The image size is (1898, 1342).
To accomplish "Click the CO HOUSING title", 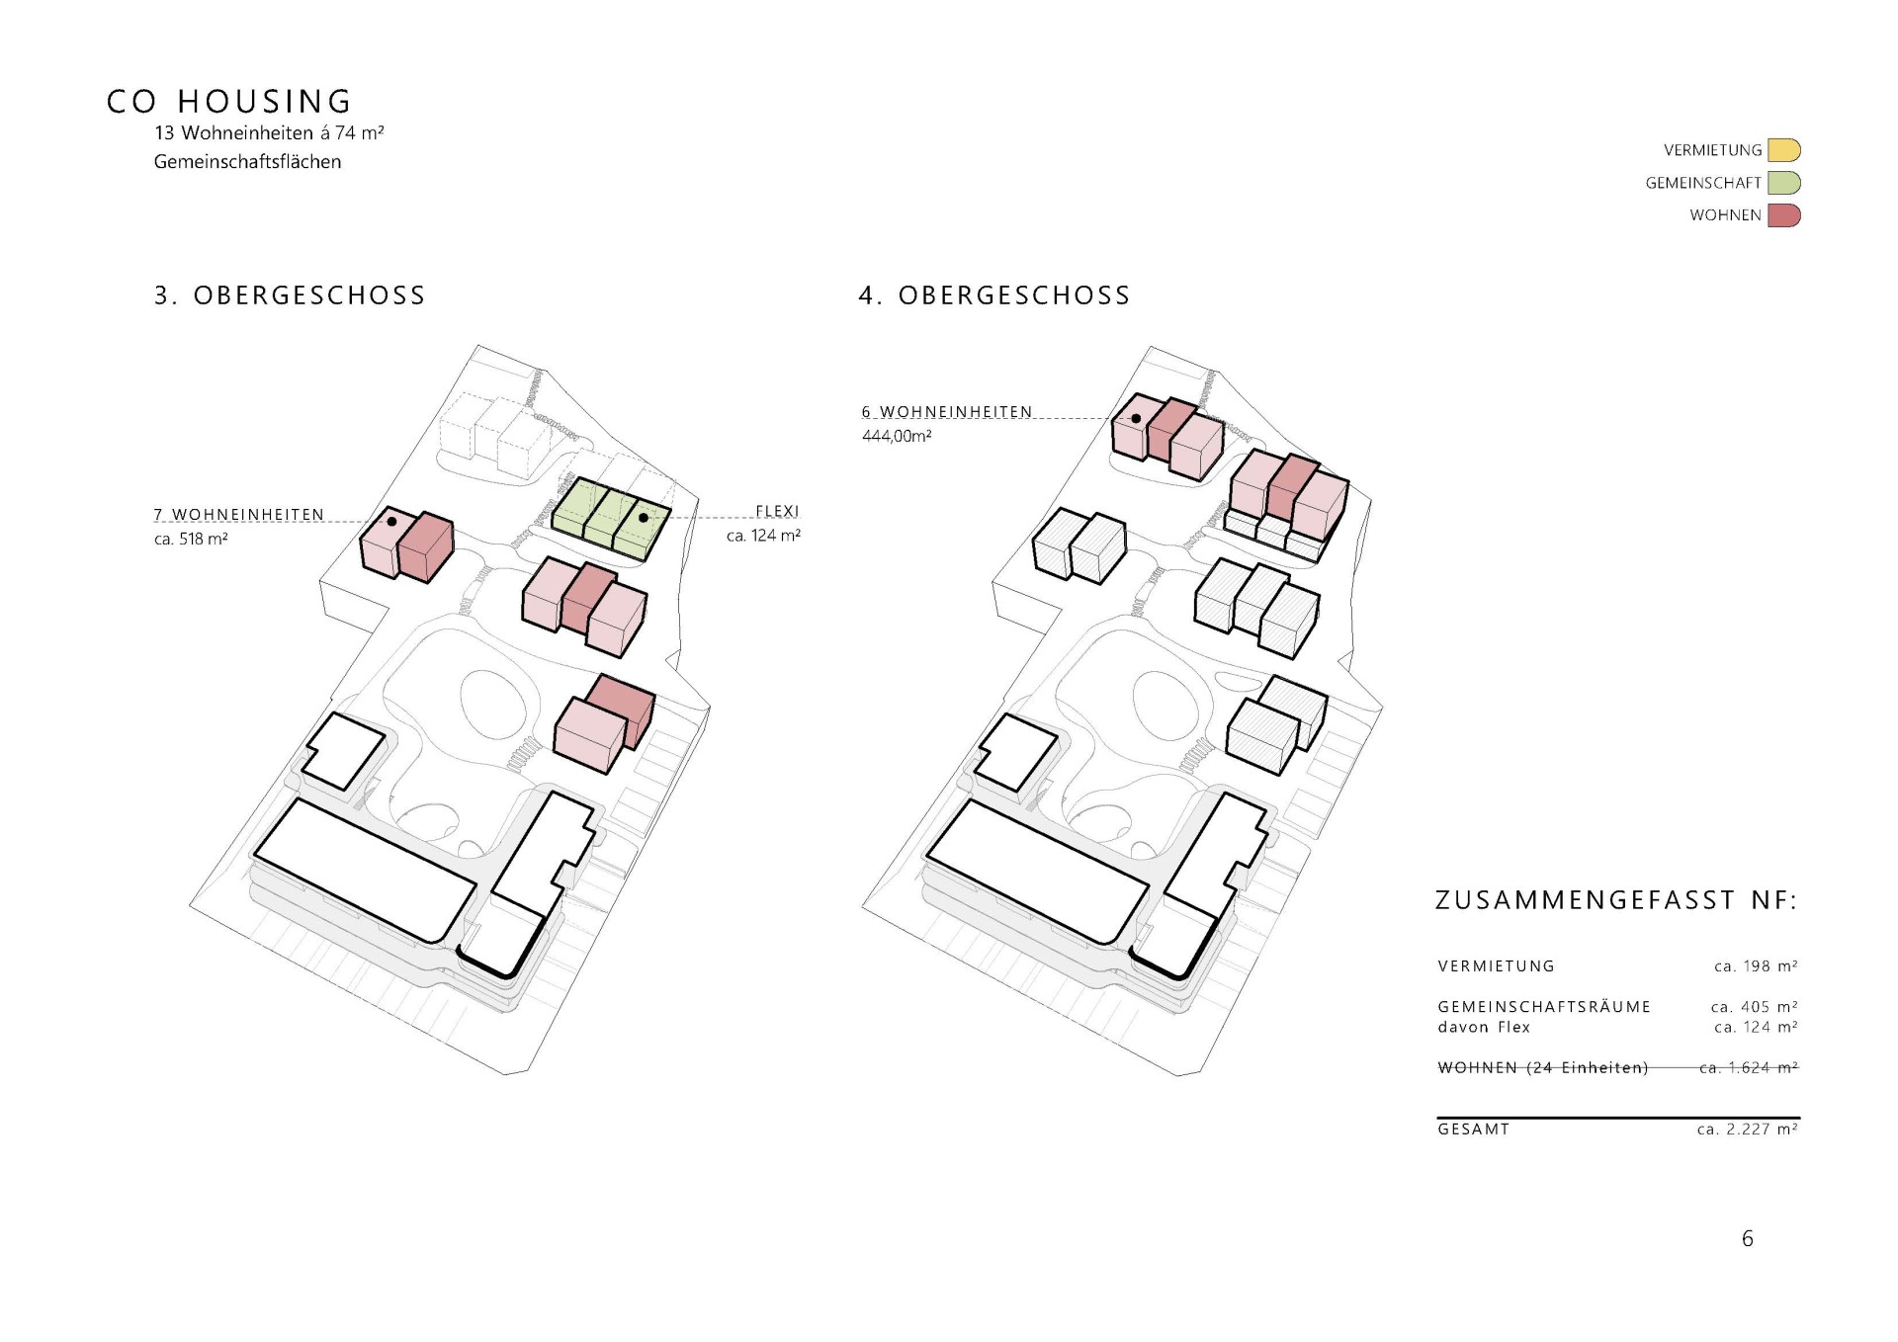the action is [x=229, y=102].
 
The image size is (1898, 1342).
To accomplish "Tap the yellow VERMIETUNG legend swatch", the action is [x=1783, y=150].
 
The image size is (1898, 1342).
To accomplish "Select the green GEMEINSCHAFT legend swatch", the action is [x=1783, y=183].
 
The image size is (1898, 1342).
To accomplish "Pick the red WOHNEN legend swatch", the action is [x=1783, y=215].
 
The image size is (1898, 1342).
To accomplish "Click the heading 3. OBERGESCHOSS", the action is [x=290, y=295].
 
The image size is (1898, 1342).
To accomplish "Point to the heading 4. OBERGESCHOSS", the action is [x=994, y=295].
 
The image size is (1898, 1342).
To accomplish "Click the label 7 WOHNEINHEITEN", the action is [x=239, y=515].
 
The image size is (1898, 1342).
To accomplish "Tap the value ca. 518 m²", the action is [x=192, y=540].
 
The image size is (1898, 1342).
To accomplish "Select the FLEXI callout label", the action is [x=777, y=511].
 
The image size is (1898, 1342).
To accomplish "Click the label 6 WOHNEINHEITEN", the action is [x=947, y=411].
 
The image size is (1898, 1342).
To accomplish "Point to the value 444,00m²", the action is [x=897, y=436].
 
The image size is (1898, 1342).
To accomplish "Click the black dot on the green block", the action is [x=644, y=517].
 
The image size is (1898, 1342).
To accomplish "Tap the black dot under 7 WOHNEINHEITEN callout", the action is [x=391, y=521].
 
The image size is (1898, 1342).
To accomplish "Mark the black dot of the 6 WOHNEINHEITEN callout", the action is [x=1137, y=419].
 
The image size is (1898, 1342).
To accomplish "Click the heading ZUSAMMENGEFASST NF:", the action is [x=1616, y=900].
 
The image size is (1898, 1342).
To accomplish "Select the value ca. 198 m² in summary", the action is [x=1756, y=966].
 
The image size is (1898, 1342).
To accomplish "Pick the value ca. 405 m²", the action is [x=1755, y=1007].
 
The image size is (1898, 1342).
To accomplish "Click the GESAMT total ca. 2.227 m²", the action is [x=1748, y=1130].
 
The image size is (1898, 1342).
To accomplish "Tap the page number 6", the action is [x=1748, y=1239].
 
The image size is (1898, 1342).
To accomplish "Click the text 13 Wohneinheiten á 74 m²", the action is [x=269, y=132].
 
